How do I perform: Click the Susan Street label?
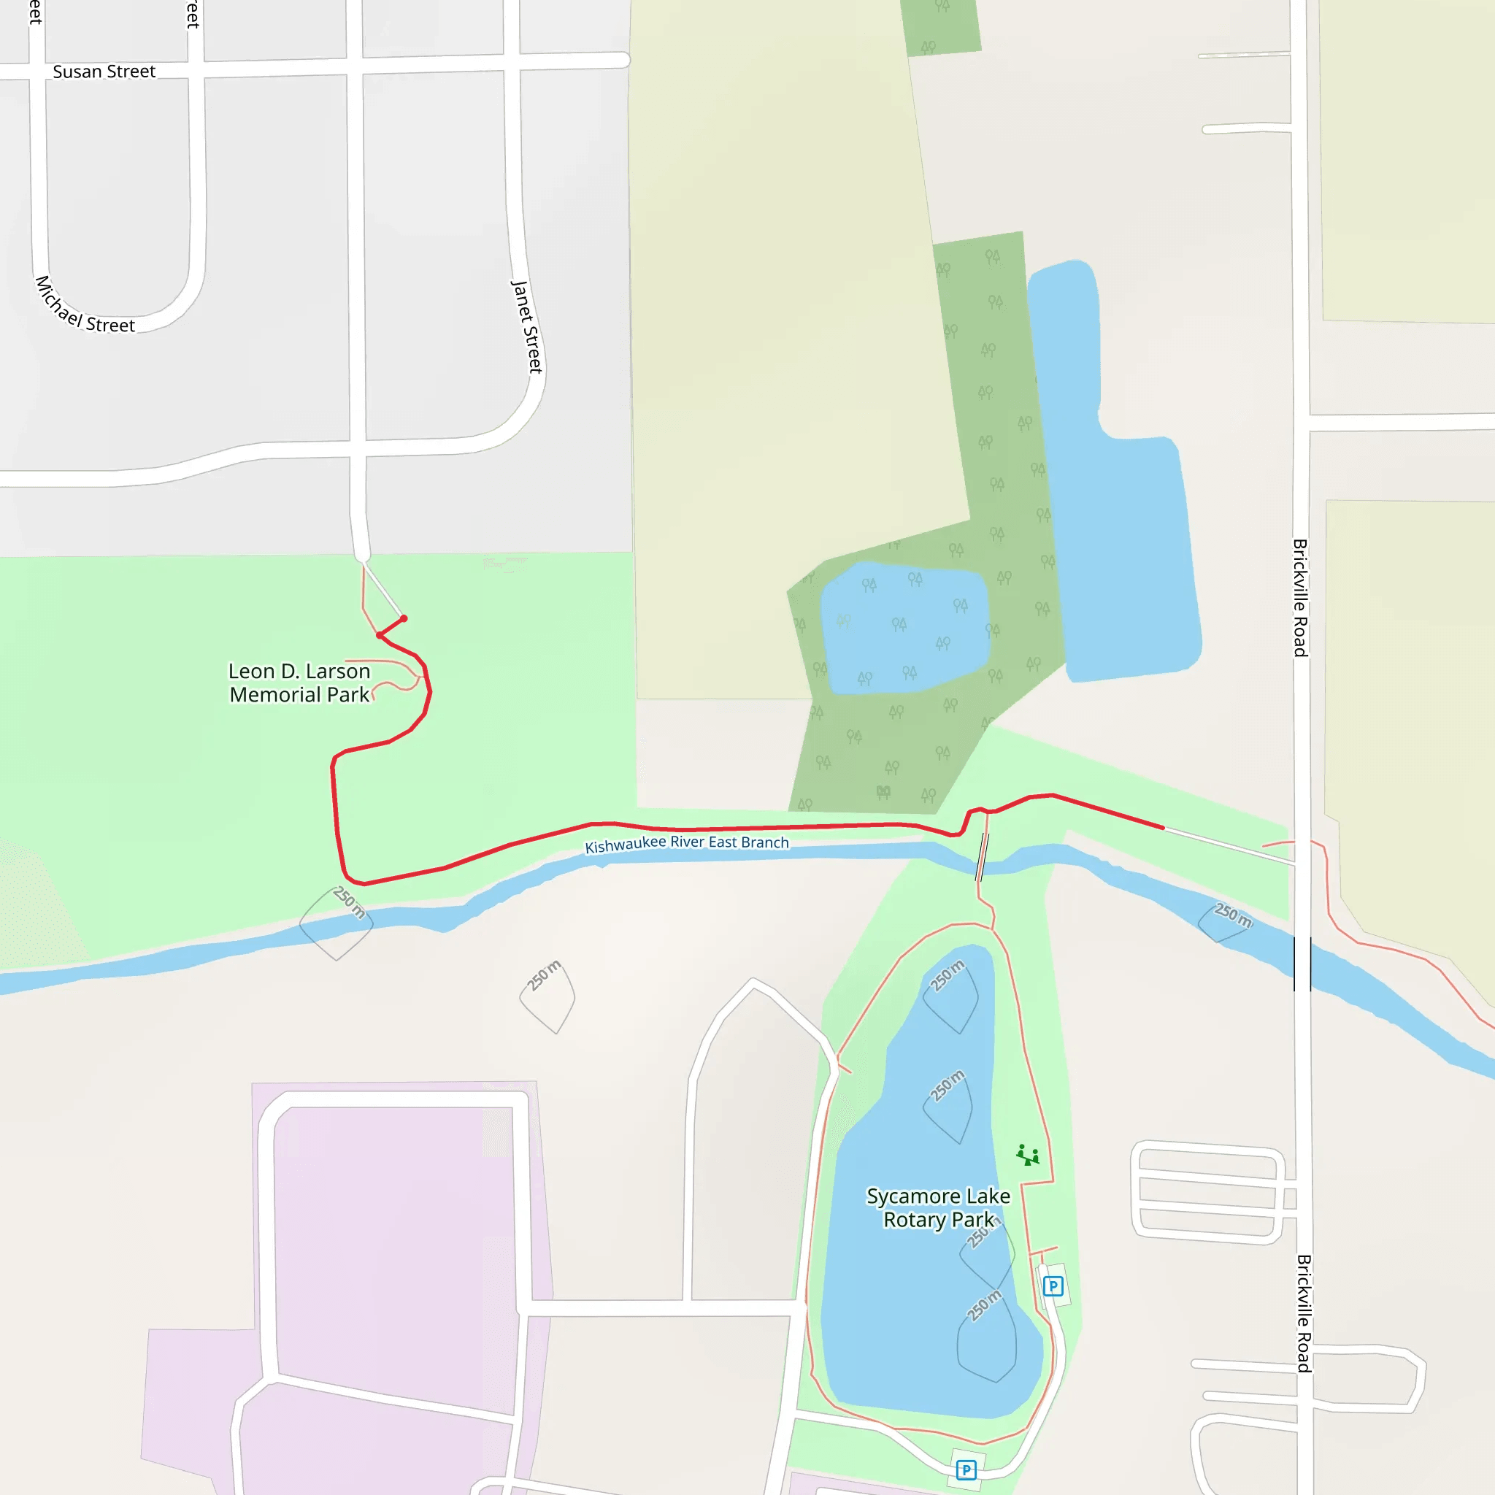pyautogui.click(x=104, y=72)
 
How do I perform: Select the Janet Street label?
pyautogui.click(x=527, y=326)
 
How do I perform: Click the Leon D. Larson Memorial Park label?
pyautogui.click(x=299, y=683)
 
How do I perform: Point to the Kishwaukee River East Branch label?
pyautogui.click(x=686, y=843)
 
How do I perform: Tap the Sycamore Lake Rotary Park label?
pyautogui.click(x=938, y=1208)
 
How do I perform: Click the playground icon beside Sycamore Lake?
pyautogui.click(x=1028, y=1156)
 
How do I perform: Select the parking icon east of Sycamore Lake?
pyautogui.click(x=1053, y=1287)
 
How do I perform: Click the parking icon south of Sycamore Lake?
pyautogui.click(x=966, y=1469)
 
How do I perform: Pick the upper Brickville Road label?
pyautogui.click(x=1301, y=597)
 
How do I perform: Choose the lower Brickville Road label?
pyautogui.click(x=1304, y=1313)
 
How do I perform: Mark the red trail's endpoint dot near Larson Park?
pyautogui.click(x=404, y=618)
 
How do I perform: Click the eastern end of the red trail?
pyautogui.click(x=1162, y=827)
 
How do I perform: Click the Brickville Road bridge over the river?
pyautogui.click(x=1302, y=964)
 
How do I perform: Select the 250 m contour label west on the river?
pyautogui.click(x=349, y=902)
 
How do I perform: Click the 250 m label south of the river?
pyautogui.click(x=545, y=975)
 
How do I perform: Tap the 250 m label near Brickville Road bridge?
pyautogui.click(x=1233, y=915)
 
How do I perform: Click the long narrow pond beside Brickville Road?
pyautogui.click(x=1114, y=503)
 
